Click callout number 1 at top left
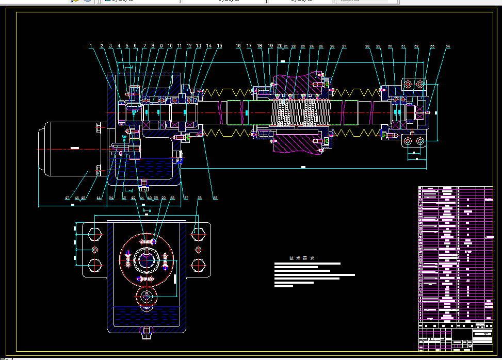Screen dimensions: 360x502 pyautogui.click(x=91, y=46)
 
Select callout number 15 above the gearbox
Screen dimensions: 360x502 pyautogui.click(x=219, y=46)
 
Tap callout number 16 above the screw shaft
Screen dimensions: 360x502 pyautogui.click(x=238, y=46)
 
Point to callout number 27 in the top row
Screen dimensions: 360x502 pyautogui.click(x=344, y=46)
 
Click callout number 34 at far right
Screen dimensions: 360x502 pyautogui.click(x=448, y=46)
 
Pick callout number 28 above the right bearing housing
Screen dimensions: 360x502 pyautogui.click(x=367, y=46)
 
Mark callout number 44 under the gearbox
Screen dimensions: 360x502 pyautogui.click(x=99, y=198)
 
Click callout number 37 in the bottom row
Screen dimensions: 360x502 pyautogui.click(x=186, y=198)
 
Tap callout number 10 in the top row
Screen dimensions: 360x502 pyautogui.click(x=170, y=46)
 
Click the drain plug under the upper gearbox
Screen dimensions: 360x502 pyautogui.click(x=144, y=183)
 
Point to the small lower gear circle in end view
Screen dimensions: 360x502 pyautogui.click(x=147, y=297)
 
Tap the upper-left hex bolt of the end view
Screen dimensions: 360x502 pyautogui.click(x=95, y=234)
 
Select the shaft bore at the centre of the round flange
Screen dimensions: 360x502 pyautogui.click(x=147, y=259)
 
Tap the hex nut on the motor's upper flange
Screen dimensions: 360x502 pyautogui.click(x=99, y=127)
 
